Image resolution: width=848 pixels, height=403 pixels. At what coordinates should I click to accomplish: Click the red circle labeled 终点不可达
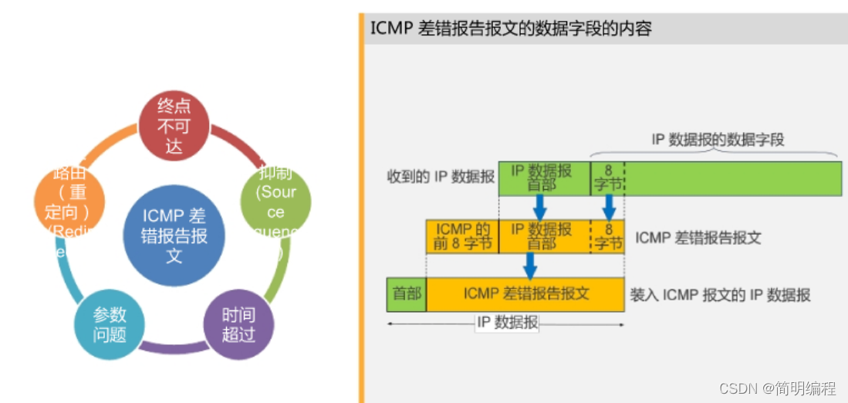[x=174, y=126]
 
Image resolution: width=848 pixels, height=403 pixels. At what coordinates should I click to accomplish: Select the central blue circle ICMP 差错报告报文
[x=174, y=235]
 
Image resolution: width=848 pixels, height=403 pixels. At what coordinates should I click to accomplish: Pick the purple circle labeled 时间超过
[x=238, y=325]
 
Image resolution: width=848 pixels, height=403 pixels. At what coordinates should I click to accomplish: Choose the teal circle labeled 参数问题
[x=110, y=325]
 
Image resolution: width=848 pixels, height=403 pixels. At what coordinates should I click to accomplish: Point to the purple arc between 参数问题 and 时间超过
[x=174, y=347]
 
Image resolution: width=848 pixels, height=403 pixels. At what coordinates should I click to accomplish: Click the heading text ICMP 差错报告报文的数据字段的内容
[x=511, y=29]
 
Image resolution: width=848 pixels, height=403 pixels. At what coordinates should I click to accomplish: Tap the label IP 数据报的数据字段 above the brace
[x=718, y=140]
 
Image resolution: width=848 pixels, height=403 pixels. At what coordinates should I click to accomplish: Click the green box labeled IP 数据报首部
[x=543, y=178]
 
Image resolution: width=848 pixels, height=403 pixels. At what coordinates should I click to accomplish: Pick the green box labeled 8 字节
[x=606, y=178]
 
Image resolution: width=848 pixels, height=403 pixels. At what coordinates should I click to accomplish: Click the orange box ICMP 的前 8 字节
[x=462, y=236]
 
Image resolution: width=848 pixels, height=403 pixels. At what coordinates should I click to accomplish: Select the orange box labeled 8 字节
[x=607, y=236]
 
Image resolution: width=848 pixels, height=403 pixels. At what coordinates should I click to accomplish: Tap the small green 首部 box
[x=407, y=294]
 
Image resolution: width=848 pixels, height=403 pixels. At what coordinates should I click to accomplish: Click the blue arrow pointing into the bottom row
[x=529, y=266]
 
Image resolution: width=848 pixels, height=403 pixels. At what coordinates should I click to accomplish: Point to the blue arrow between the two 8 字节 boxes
[x=609, y=207]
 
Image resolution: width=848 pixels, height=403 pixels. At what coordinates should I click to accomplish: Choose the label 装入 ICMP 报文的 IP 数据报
[x=720, y=295]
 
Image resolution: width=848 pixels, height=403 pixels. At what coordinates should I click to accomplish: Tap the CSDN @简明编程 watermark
[x=779, y=388]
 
